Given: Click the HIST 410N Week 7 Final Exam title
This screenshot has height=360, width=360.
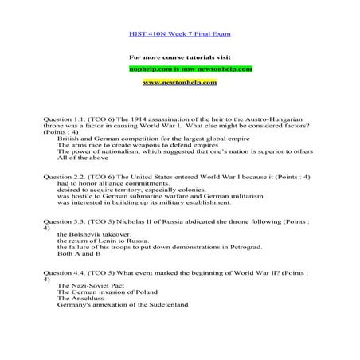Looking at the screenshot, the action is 179,34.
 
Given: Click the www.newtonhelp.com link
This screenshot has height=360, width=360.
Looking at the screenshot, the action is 179,82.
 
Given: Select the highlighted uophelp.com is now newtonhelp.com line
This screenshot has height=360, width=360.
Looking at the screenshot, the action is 179,69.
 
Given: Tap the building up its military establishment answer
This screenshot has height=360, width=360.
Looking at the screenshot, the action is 144,202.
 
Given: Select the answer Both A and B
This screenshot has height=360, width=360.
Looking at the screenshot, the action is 80,254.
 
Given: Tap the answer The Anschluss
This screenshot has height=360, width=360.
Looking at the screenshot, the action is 84,299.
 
